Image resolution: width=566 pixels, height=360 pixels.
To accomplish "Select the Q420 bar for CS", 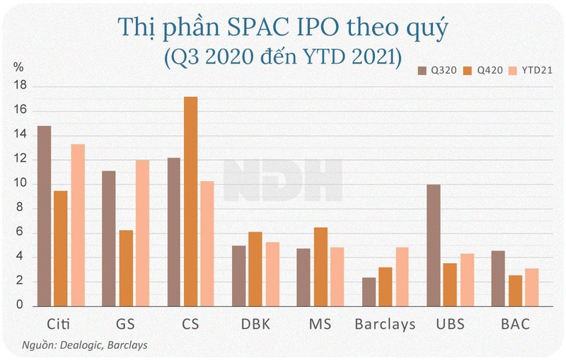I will pyautogui.click(x=190, y=201).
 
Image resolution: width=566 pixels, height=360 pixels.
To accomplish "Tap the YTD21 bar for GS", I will pyautogui.click(x=142, y=233).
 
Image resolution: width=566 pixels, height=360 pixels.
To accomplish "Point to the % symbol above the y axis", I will pyautogui.click(x=19, y=68).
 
